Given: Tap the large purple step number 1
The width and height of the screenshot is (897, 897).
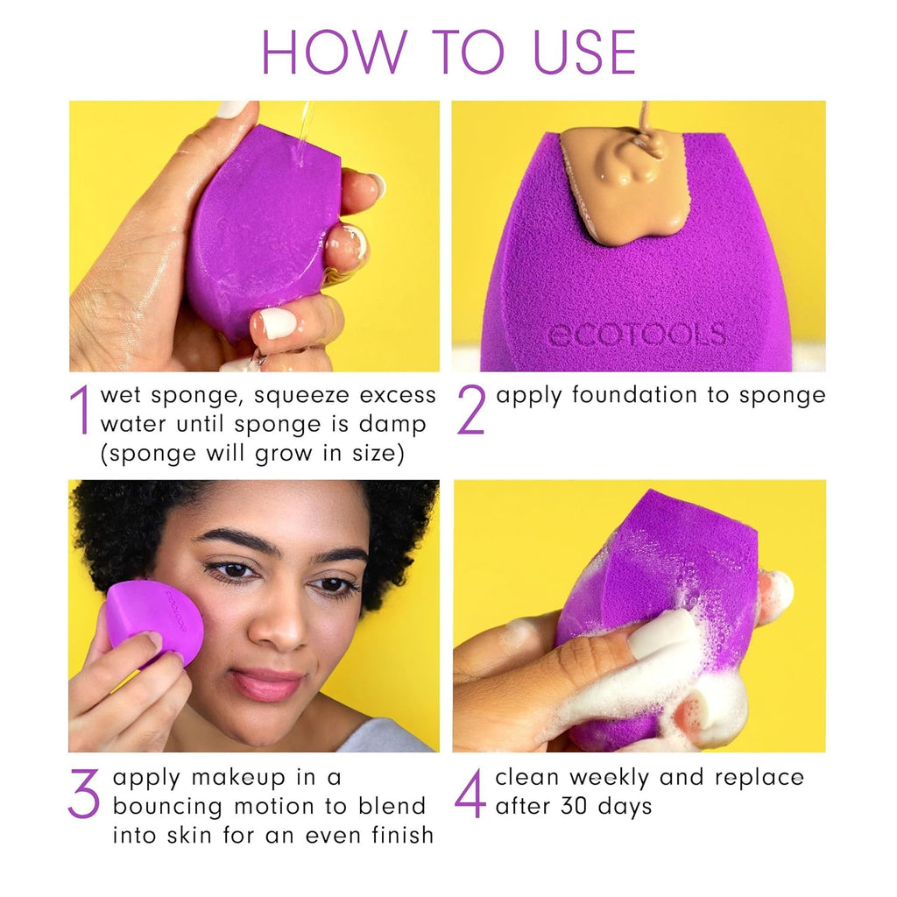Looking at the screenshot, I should (x=81, y=410).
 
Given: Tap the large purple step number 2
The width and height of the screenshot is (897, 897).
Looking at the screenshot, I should (x=470, y=410).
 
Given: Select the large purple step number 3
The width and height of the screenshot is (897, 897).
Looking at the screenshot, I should (x=84, y=793).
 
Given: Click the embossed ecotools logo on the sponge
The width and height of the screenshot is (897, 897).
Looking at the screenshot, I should (x=636, y=335).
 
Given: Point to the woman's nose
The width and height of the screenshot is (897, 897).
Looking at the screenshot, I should (x=282, y=625).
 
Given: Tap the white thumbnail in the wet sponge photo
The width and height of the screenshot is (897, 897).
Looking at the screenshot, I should (x=278, y=323).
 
